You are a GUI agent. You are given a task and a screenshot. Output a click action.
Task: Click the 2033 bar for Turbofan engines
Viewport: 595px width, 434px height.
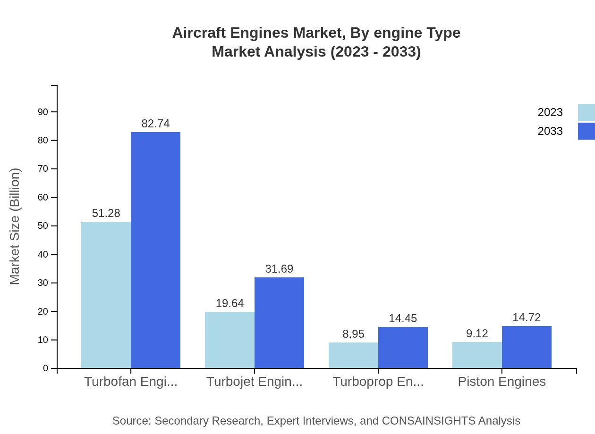click(x=155, y=250)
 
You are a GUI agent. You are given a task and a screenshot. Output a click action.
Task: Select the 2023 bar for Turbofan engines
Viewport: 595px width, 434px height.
click(x=106, y=295)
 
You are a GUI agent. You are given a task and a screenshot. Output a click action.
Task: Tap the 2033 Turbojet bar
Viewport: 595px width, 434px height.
click(x=279, y=323)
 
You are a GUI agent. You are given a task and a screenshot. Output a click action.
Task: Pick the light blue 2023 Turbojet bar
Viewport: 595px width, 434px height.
click(x=229, y=340)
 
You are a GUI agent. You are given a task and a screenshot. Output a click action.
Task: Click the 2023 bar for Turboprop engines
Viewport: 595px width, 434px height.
click(x=353, y=355)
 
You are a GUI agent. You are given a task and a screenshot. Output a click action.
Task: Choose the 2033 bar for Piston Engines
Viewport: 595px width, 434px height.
click(x=527, y=347)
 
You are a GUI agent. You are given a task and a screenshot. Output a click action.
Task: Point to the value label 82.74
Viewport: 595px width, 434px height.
click(x=155, y=124)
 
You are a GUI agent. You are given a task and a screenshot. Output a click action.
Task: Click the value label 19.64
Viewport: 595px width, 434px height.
click(x=229, y=303)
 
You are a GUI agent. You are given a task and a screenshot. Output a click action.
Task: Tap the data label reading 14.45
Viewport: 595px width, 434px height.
click(x=403, y=318)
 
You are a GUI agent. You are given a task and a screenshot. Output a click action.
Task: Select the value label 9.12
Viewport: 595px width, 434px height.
click(x=477, y=334)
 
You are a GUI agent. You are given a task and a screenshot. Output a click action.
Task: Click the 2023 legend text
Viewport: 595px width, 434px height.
click(x=550, y=112)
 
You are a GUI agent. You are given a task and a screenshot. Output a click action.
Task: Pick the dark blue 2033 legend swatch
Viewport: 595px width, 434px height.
click(x=586, y=131)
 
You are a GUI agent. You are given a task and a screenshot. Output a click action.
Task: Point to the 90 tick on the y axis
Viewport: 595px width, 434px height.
click(x=43, y=112)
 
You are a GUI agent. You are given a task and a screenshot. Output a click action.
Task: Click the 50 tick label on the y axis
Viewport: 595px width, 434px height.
click(x=43, y=226)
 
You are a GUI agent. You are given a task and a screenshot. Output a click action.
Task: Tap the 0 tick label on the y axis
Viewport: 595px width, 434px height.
click(x=46, y=368)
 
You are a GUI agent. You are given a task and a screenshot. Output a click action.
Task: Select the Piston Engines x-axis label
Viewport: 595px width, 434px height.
click(x=501, y=382)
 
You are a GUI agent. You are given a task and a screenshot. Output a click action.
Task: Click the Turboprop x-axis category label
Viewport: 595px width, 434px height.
click(x=378, y=382)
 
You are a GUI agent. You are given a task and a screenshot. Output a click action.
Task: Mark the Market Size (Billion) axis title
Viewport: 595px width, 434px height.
click(x=15, y=226)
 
